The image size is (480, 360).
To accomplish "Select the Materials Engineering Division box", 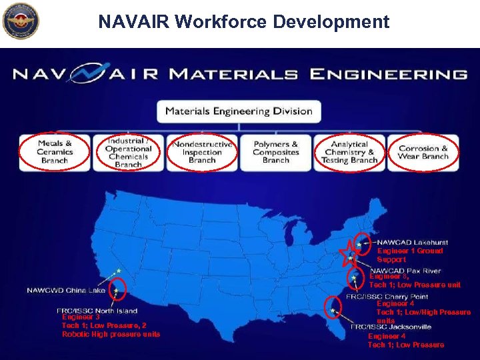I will coord(239,111).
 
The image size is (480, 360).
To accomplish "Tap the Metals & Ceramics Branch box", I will coord(55,152).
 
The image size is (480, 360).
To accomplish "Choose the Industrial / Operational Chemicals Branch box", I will coord(128,153).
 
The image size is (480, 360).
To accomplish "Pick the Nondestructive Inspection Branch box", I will coord(202,152).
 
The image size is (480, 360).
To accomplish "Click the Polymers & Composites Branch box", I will coord(275,152).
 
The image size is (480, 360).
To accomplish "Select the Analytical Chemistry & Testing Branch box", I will coord(349,152).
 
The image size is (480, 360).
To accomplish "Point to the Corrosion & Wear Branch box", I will coord(423,153).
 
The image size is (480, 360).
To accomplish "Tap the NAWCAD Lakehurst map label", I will coord(412,243).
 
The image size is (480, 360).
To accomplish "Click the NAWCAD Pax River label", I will coord(405,271).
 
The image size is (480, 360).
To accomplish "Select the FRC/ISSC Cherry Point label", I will coord(387,297).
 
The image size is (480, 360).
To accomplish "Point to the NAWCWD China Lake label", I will coord(66,291).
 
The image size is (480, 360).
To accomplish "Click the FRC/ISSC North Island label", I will coord(97,311).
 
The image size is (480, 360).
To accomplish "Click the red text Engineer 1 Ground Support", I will coord(410,255).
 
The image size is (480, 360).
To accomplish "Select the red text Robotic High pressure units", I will coord(111,334).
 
